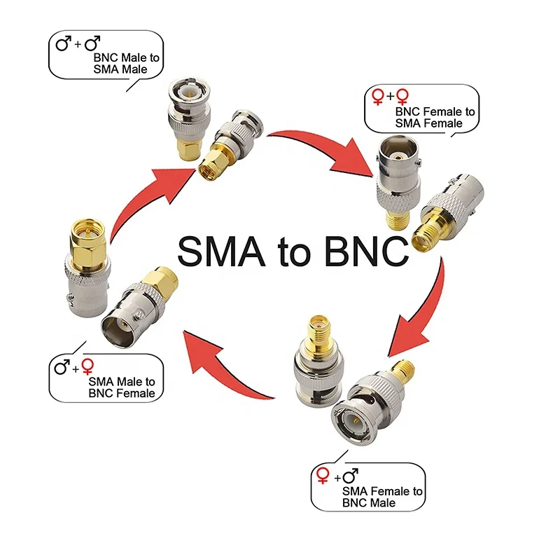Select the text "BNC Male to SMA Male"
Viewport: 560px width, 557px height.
(120, 63)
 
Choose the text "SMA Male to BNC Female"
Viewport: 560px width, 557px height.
(121, 387)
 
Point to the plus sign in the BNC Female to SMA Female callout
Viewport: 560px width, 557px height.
(391, 96)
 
